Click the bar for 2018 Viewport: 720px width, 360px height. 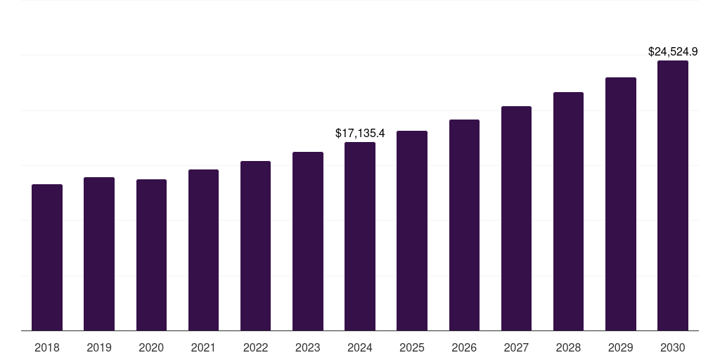coord(47,257)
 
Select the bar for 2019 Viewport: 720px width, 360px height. coord(99,254)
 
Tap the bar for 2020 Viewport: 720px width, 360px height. coord(151,255)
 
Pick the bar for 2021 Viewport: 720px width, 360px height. coord(203,250)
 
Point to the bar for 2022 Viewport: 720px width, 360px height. coord(255,245)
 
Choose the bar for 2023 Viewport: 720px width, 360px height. coord(308,241)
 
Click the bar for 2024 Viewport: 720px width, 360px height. coord(360,236)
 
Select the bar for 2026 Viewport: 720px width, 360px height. coord(464,225)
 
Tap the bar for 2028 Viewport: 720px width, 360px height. coord(568,211)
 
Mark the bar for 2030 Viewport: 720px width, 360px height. coord(673,195)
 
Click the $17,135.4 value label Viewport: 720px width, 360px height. coord(360,133)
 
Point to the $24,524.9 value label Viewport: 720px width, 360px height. coord(673,51)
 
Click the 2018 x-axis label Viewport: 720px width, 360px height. coord(47,347)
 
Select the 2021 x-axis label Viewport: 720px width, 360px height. coord(203,347)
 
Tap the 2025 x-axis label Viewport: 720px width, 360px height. coord(412,347)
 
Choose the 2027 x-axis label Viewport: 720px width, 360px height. coord(516,347)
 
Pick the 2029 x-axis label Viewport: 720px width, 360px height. coord(620,347)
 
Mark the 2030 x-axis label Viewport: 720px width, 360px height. coord(673,347)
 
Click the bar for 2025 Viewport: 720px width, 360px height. coord(412,231)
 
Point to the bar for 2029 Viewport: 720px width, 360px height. coord(620,204)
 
